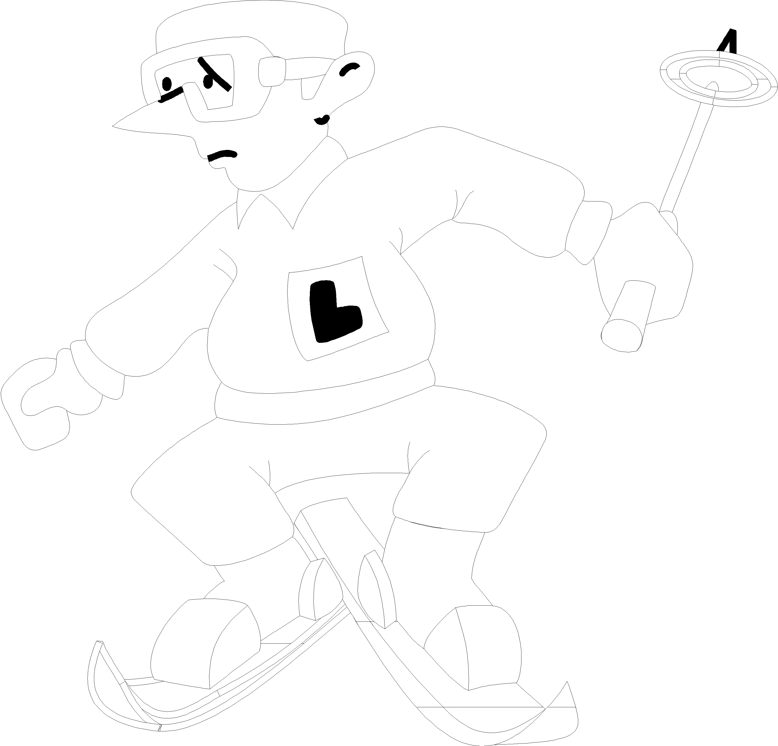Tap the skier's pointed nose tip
point(113,126)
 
